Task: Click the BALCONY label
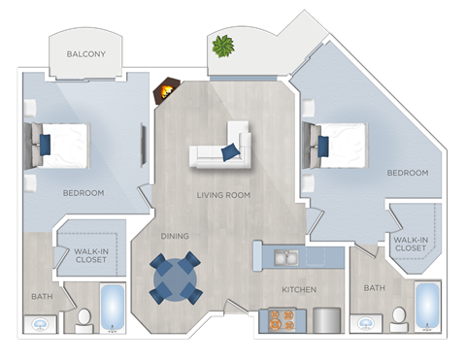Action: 86,55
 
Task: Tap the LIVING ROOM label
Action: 224,195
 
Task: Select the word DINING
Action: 176,236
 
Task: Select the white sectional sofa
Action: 221,147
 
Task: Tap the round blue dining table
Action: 176,278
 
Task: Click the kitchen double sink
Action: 285,257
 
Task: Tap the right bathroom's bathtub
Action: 428,307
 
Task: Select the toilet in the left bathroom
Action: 83,318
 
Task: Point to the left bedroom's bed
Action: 61,146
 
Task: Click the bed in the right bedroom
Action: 337,146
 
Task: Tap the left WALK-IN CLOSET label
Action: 90,255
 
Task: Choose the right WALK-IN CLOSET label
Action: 409,244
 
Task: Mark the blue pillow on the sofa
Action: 231,151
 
